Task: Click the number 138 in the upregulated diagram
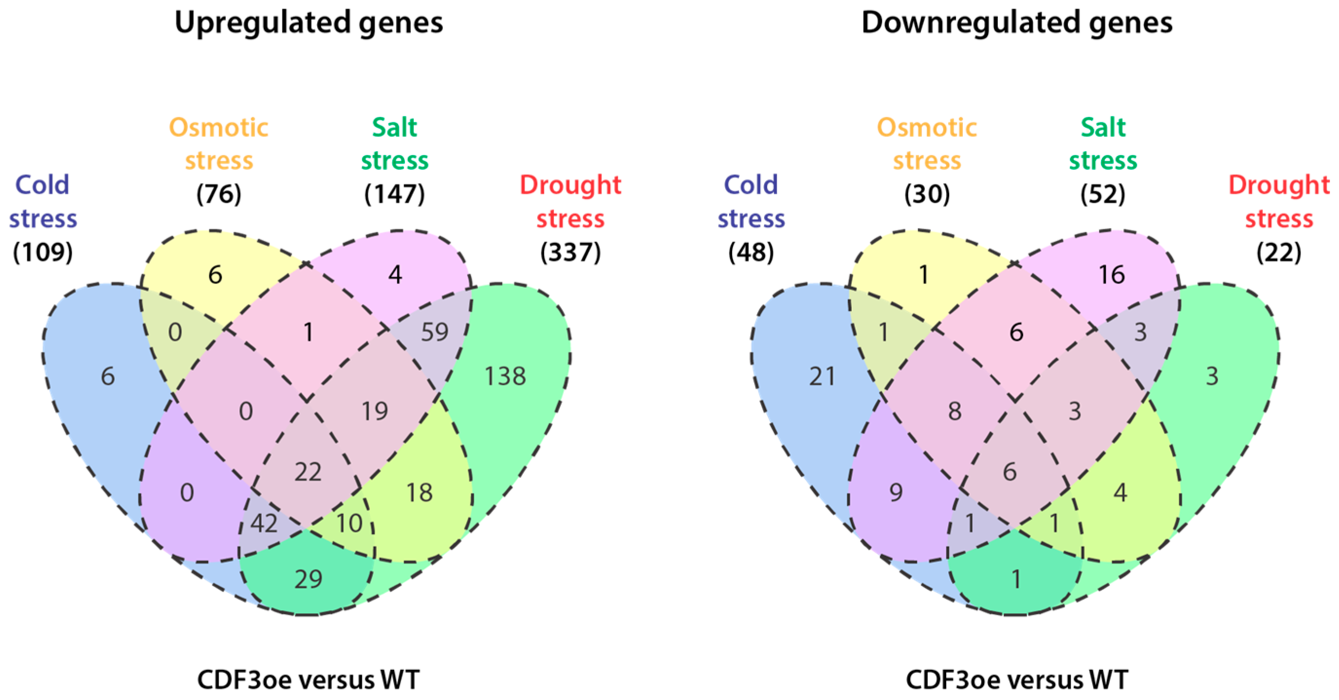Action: click(505, 376)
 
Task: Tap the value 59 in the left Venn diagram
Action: click(434, 332)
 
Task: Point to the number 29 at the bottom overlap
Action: click(308, 579)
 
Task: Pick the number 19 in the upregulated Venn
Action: click(375, 411)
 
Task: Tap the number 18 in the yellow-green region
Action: click(419, 492)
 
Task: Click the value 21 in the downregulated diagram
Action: click(822, 376)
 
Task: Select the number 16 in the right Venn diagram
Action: click(1111, 275)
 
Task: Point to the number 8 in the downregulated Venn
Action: click(954, 411)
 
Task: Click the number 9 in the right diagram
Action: click(896, 492)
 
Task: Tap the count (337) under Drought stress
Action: click(570, 253)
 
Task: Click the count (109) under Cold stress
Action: click(43, 253)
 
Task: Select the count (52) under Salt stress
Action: click(1102, 194)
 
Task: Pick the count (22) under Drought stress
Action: click(1279, 253)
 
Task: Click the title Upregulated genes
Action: click(309, 23)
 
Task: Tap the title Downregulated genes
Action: click(1017, 23)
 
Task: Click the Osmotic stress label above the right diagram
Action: click(927, 144)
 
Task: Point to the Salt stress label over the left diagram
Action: click(395, 144)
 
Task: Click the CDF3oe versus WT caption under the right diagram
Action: click(1017, 680)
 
